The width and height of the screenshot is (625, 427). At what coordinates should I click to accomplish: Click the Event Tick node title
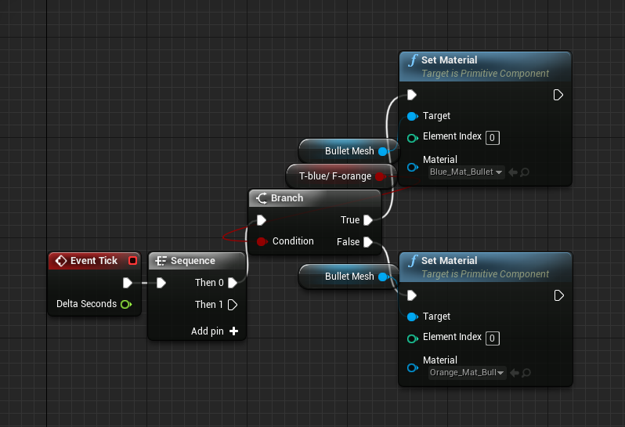93,261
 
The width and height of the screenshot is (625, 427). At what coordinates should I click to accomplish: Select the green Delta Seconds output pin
126,304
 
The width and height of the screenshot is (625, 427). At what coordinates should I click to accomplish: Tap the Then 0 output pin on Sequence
233,283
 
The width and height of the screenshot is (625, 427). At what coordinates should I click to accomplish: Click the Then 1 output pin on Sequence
233,305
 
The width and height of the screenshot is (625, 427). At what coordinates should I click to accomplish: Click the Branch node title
286,198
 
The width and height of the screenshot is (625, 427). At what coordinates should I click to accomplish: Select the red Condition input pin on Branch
262,241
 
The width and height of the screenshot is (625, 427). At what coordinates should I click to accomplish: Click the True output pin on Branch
367,220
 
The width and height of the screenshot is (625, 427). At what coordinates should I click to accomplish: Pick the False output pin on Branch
367,242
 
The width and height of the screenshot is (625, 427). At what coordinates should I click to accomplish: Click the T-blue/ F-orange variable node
334,176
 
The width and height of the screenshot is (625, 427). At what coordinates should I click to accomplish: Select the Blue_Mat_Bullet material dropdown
466,172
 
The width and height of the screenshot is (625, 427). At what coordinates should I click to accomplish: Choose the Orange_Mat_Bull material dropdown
466,373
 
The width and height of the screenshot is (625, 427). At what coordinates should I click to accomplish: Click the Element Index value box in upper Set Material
493,138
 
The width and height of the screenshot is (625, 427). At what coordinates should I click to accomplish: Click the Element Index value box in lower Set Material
493,338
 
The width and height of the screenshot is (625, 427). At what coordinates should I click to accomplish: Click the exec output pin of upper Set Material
558,95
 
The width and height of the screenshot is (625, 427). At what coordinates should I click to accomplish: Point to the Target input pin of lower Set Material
412,317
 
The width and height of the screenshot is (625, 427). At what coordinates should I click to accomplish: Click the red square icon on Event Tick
133,261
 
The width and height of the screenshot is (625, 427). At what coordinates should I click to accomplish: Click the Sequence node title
193,261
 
